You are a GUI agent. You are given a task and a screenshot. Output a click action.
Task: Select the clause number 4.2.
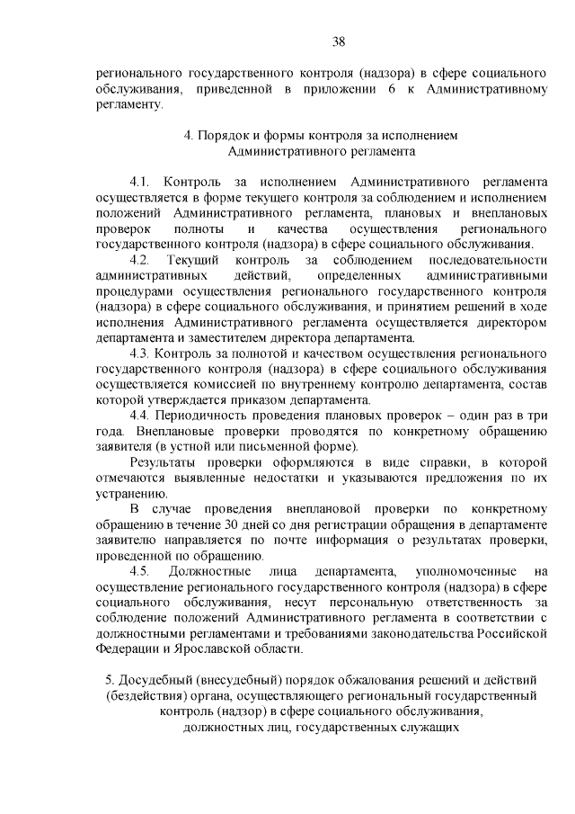point(144,261)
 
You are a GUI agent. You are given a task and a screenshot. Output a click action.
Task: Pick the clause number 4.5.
point(144,571)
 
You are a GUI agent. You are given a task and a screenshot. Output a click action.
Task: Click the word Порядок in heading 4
point(227,135)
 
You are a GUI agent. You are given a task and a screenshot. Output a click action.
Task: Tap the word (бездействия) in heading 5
point(147,694)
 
